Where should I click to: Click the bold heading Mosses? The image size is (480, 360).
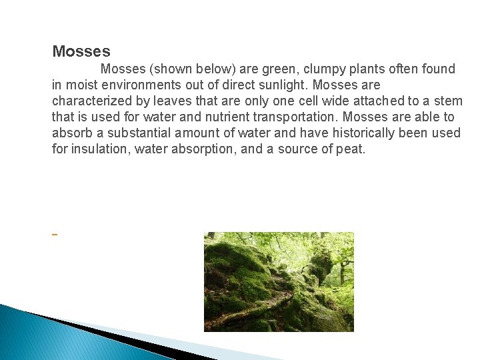[x=81, y=51]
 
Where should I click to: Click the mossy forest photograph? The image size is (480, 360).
[x=279, y=281]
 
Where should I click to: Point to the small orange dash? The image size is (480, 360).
[x=54, y=235]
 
